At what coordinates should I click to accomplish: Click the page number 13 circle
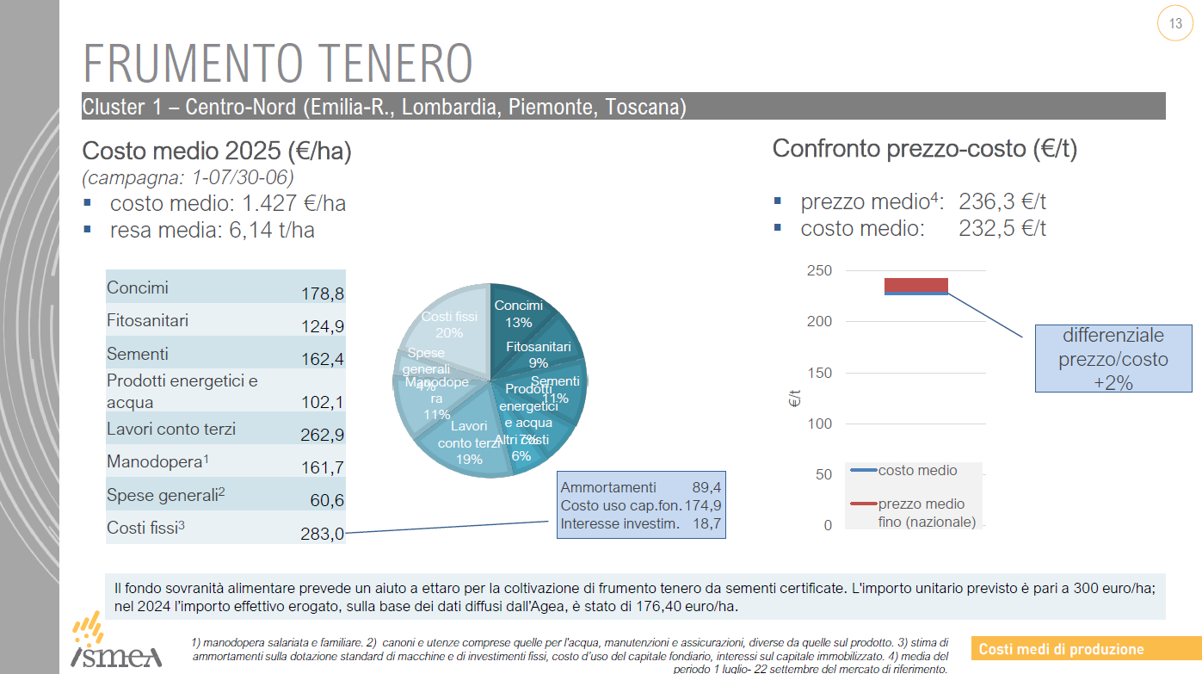(x=1175, y=24)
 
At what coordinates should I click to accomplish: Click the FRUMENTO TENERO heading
(x=278, y=63)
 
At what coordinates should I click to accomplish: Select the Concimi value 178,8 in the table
(x=323, y=294)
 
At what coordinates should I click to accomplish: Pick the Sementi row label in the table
(x=138, y=354)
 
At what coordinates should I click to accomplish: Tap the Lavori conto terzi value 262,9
(x=322, y=435)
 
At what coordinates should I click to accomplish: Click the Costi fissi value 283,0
(x=323, y=534)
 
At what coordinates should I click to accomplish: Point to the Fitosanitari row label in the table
(x=147, y=321)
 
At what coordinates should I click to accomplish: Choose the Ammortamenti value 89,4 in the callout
(x=706, y=487)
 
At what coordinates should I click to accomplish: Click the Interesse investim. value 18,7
(x=706, y=523)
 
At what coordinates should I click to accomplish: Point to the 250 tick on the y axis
(x=820, y=271)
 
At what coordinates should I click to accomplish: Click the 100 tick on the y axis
(x=820, y=424)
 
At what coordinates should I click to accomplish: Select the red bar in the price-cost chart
(x=915, y=285)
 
